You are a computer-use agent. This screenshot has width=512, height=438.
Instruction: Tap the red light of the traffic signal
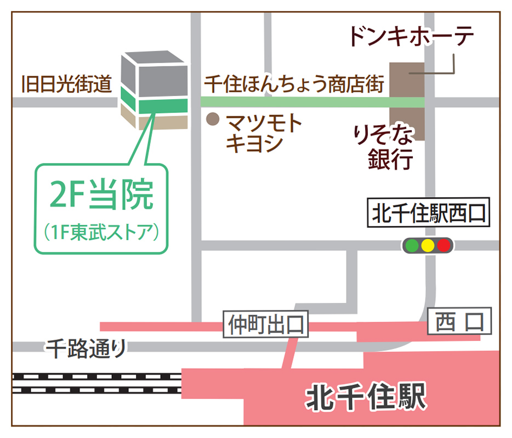(443, 245)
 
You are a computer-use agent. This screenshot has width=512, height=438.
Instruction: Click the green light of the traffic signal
(411, 245)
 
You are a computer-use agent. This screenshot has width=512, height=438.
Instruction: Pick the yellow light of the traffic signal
(427, 245)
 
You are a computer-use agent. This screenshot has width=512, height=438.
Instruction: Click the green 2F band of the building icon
(154, 104)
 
